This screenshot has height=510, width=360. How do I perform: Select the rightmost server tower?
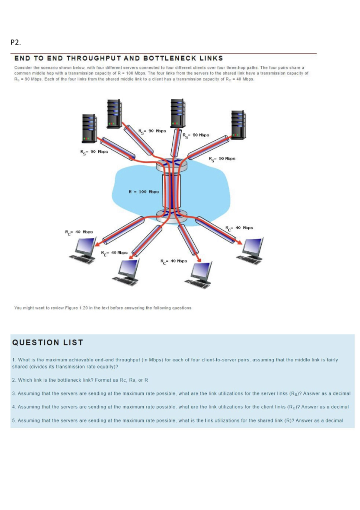pyautogui.click(x=239, y=124)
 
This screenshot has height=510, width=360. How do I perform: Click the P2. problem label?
pyautogui.click(x=15, y=42)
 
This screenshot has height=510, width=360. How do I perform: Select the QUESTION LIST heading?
pyautogui.click(x=48, y=342)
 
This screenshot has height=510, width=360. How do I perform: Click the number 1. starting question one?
pyautogui.click(x=14, y=360)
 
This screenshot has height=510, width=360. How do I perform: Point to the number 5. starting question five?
pyautogui.click(x=14, y=420)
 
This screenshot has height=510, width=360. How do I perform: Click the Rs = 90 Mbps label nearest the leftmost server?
pyautogui.click(x=94, y=152)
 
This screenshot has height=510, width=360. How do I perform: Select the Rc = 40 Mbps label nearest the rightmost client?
pyautogui.click(x=239, y=228)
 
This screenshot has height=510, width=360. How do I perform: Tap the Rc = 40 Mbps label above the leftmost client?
pyautogui.click(x=79, y=232)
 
